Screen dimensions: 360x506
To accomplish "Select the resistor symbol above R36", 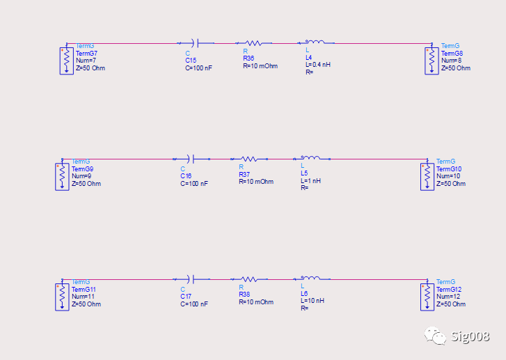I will click(252, 42).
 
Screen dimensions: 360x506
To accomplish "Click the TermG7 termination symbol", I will click(65, 60).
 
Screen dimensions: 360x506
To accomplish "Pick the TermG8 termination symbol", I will click(432, 60).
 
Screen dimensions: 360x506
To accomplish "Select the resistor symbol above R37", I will click(248, 159).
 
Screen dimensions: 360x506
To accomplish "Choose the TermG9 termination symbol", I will click(62, 176).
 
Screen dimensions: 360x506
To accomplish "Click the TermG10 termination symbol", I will click(427, 176).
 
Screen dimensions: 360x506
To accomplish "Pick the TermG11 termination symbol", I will click(62, 296).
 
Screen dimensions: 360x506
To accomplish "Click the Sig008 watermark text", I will click(470, 338).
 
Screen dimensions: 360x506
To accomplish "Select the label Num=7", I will click(86, 61).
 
